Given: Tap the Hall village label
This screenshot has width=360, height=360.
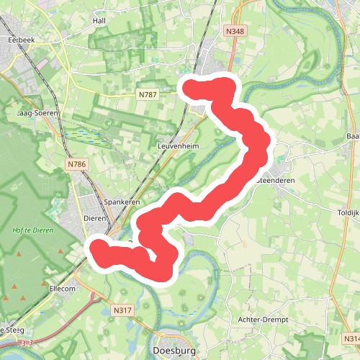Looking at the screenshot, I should [99, 21].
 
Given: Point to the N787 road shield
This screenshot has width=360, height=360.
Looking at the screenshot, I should [148, 94].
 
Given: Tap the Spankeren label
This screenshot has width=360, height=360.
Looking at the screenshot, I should [122, 202].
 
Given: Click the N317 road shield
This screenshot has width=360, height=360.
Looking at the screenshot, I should [123, 310].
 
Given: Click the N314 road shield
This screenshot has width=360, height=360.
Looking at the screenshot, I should [351, 338].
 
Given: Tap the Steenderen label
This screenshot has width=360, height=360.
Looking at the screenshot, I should [277, 180].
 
